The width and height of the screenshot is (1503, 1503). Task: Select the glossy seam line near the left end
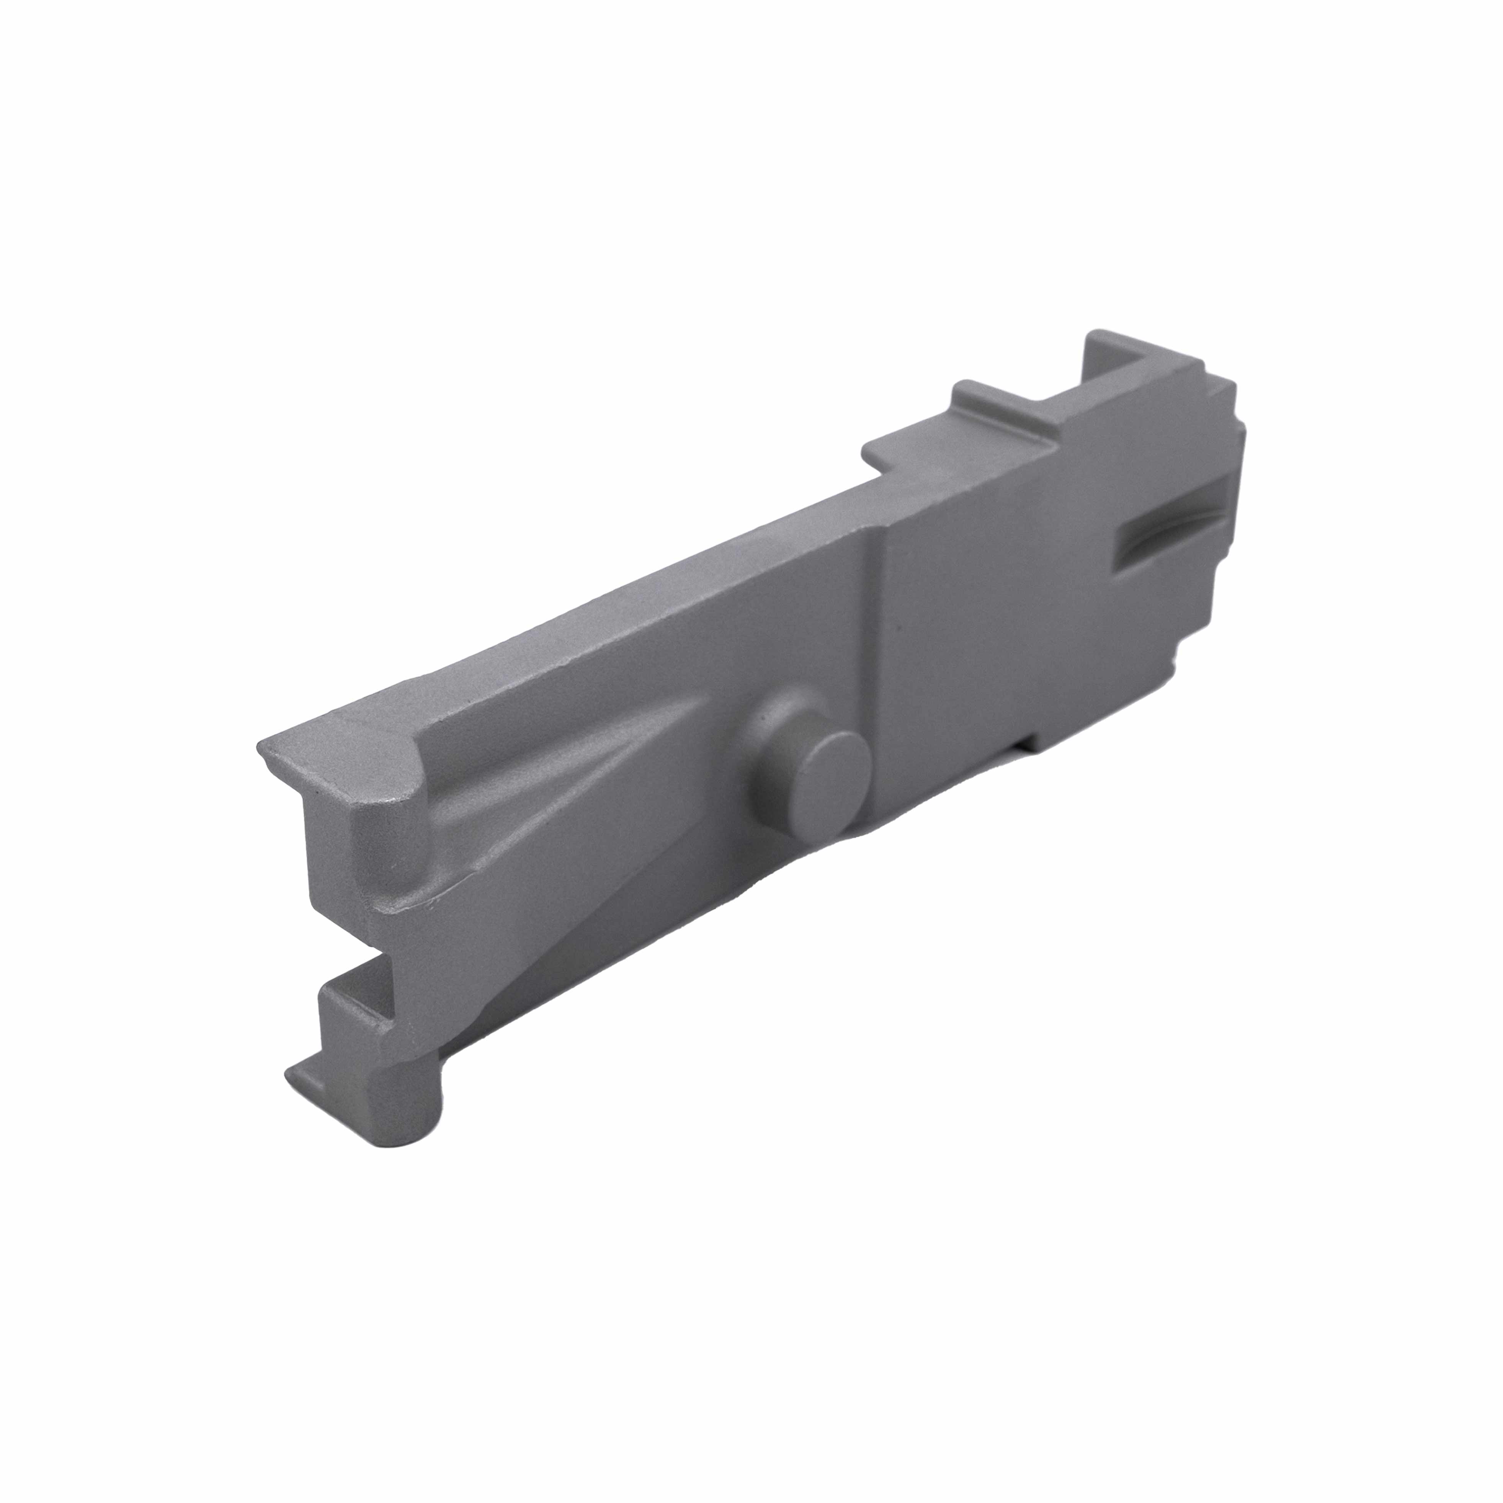[420, 902]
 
